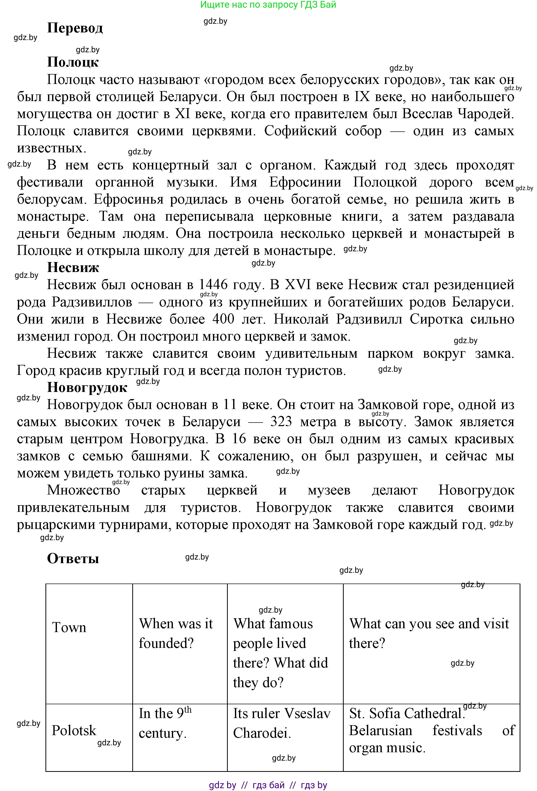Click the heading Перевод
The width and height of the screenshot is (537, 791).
pos(75,28)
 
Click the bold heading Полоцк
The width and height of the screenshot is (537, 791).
pos(73,62)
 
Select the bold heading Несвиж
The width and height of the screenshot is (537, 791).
pos(73,267)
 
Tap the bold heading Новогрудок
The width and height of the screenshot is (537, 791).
pos(87,387)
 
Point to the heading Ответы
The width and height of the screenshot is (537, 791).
pos(73,559)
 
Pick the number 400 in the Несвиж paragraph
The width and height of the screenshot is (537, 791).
pos(223,319)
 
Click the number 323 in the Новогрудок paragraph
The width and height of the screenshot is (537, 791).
pos(281,421)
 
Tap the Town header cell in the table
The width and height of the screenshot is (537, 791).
pos(69,627)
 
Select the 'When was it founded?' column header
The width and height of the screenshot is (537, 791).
pos(176,633)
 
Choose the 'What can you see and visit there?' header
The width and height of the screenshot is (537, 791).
pos(429,633)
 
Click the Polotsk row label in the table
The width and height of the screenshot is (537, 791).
pos(74,731)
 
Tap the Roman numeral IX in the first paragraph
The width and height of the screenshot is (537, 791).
pos(362,97)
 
